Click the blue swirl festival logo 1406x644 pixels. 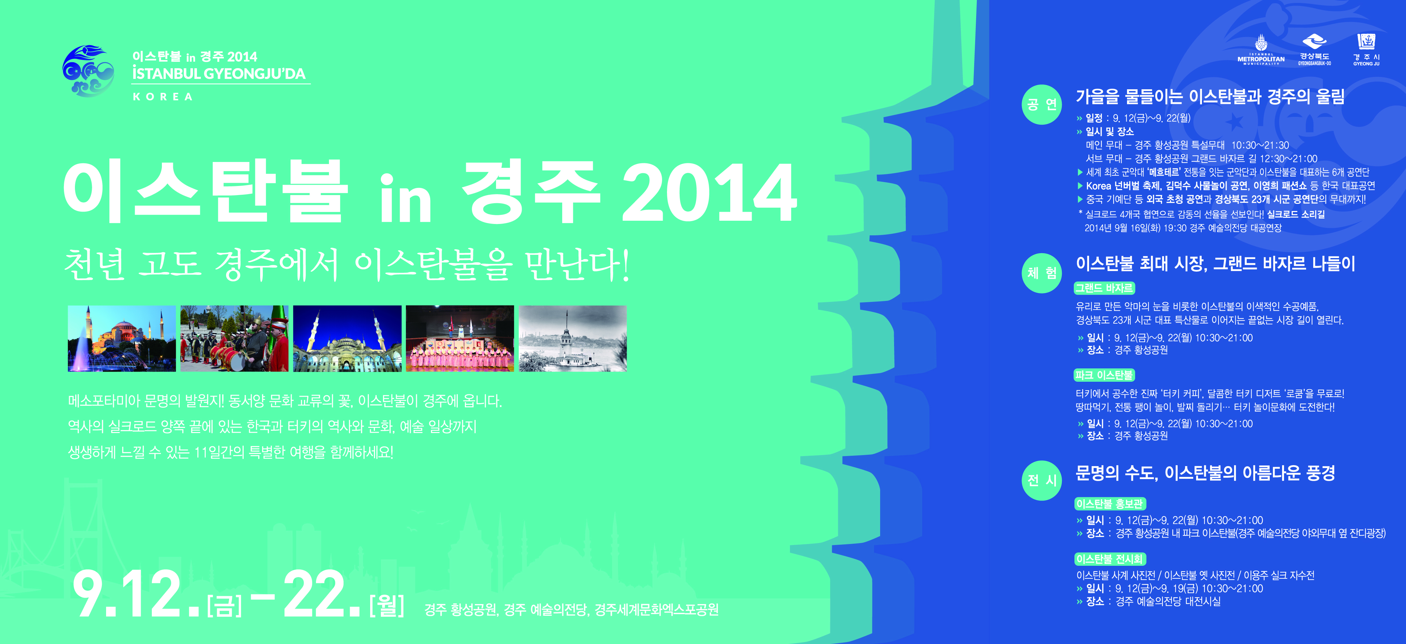(x=89, y=71)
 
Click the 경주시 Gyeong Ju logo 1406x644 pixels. (x=1366, y=50)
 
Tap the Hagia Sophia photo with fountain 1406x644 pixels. (x=122, y=339)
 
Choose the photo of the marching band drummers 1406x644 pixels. (x=235, y=339)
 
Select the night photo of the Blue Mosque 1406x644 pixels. (x=347, y=339)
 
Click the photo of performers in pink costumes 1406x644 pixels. (x=460, y=339)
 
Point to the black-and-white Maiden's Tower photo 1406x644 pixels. (x=573, y=339)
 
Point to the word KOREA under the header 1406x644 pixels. (x=163, y=97)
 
